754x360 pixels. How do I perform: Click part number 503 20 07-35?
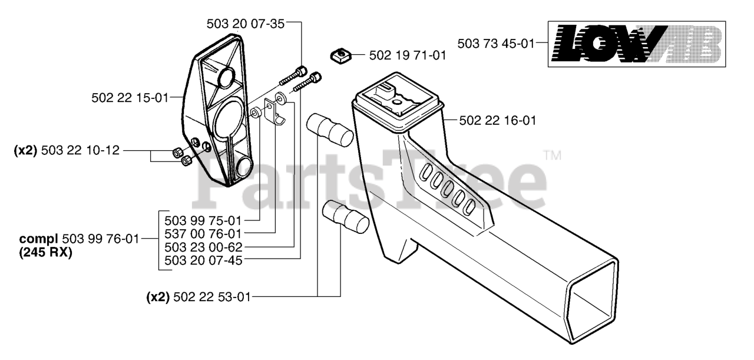(246, 24)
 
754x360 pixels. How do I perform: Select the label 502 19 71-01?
(408, 55)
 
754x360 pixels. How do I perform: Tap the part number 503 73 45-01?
(496, 44)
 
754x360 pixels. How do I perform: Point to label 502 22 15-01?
(130, 98)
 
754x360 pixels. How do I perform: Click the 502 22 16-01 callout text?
(498, 121)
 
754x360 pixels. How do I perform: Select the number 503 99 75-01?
(203, 221)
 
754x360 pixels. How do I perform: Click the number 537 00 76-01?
(203, 234)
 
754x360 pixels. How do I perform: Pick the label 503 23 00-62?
(203, 247)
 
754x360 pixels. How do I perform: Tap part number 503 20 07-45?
(203, 260)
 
